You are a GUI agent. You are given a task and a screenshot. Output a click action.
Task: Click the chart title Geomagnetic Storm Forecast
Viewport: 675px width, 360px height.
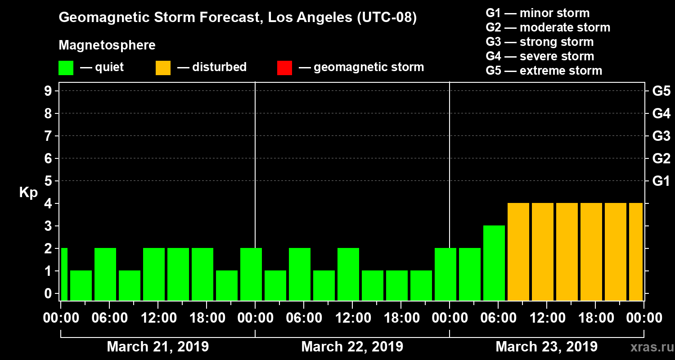click(238, 18)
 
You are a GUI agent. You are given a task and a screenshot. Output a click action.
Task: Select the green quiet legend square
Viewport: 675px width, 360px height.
click(66, 67)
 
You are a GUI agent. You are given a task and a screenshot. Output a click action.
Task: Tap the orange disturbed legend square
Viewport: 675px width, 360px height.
click(163, 67)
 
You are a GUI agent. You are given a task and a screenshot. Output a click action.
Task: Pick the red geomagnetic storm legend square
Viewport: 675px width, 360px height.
click(284, 67)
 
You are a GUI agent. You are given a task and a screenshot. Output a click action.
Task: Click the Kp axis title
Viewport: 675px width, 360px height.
click(28, 193)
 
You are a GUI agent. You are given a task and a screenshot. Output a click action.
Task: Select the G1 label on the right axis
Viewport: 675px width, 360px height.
click(661, 181)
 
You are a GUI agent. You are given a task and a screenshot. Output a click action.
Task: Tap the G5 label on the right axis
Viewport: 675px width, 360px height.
click(661, 91)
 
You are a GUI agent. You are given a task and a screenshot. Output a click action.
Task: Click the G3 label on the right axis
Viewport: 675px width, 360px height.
click(661, 136)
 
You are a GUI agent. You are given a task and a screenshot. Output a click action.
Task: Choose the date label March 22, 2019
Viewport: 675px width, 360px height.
click(352, 347)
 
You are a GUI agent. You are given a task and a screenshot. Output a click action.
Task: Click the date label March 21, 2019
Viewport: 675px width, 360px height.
click(157, 347)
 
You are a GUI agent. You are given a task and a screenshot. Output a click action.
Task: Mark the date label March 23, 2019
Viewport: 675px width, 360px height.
click(546, 347)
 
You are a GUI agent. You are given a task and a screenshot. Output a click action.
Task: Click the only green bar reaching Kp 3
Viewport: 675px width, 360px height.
click(494, 263)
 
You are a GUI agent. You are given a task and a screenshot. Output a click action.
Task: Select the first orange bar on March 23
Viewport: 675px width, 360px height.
click(518, 252)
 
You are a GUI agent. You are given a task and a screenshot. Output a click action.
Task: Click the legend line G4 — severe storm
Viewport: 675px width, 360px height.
click(540, 56)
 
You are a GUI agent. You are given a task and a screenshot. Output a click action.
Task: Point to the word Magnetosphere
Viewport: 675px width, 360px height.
click(107, 45)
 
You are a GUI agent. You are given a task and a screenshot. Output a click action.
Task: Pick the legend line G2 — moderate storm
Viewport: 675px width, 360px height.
click(548, 27)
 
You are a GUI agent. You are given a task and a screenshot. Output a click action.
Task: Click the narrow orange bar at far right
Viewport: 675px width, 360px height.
click(635, 252)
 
